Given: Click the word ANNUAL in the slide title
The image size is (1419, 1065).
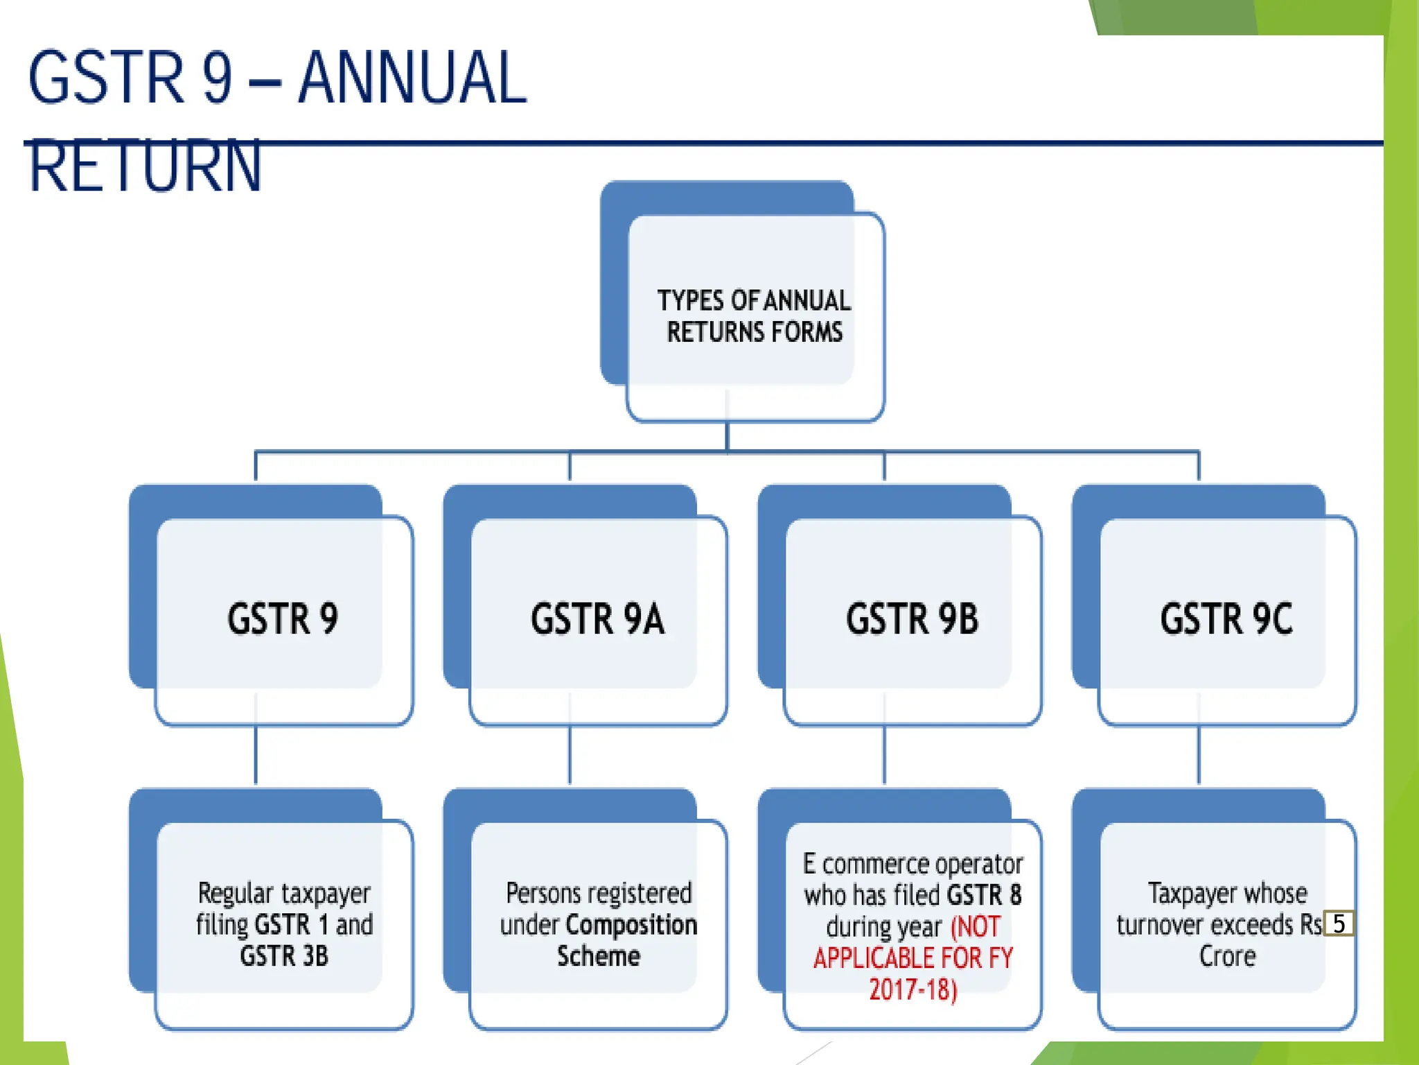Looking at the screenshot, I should point(413,78).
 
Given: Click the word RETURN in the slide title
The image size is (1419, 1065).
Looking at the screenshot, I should point(146,166).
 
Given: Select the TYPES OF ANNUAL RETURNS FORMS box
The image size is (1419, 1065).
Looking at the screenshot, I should point(755,316).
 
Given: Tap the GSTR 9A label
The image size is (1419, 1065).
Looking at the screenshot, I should point(597,618).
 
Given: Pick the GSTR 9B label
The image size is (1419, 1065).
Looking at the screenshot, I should point(912,618).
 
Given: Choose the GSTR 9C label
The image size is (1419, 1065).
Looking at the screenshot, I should point(1226,618).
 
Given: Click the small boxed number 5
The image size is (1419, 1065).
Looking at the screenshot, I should point(1339,924).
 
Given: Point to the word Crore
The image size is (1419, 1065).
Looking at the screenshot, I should point(1227,956).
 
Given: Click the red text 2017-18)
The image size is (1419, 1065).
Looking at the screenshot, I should point(913,989).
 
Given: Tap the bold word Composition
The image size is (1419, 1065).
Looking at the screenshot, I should point(631,925).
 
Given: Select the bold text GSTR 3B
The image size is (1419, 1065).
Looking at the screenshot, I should point(284,956).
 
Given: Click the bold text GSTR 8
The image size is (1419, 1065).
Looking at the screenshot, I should point(984,895).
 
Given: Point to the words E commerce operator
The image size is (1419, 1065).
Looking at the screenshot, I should point(913,864).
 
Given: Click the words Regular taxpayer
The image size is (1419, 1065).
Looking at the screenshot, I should point(284,893).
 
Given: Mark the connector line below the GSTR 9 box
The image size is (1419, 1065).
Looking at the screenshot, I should point(256,756).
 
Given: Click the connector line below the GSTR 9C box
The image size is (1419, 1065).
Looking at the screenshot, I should point(1199,756).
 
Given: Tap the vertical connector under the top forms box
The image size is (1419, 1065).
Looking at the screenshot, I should point(727,437).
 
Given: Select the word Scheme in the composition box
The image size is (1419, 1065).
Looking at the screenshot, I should point(599,956).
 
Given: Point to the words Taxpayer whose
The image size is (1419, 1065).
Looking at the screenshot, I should point(1227,893).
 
